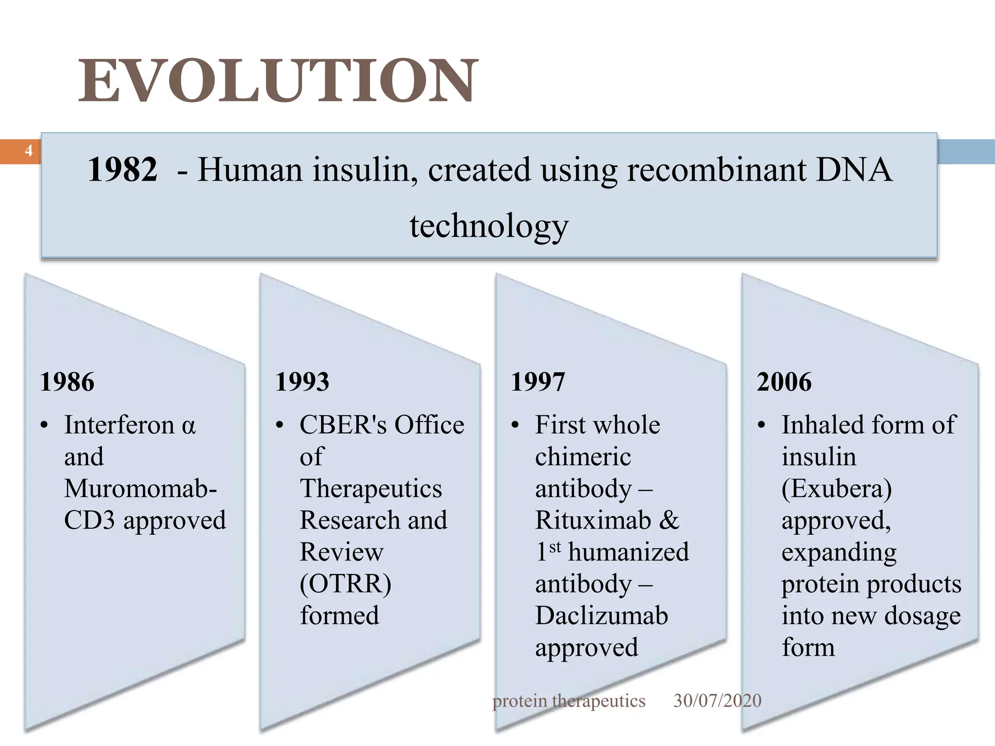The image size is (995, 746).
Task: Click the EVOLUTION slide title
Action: [278, 81]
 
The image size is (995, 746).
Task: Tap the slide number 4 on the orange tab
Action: [29, 151]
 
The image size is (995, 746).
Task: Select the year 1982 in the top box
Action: [122, 170]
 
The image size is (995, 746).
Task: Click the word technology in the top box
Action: [489, 226]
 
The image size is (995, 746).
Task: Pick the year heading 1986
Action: [67, 382]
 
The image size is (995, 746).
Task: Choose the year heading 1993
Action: [302, 382]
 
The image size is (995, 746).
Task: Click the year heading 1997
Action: [538, 382]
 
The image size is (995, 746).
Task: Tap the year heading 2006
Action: [784, 382]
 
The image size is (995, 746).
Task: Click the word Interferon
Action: [119, 425]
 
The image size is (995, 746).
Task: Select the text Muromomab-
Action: [140, 489]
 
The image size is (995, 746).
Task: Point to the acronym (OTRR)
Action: [345, 584]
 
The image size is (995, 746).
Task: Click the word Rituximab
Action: [593, 521]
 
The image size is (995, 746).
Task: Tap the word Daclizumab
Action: [601, 616]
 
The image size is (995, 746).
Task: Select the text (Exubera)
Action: [837, 489]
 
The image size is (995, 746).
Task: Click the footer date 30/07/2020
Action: [717, 700]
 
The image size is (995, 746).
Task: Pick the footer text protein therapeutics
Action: [568, 701]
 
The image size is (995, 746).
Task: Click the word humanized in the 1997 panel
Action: [628, 553]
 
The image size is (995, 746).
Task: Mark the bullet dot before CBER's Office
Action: [279, 426]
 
